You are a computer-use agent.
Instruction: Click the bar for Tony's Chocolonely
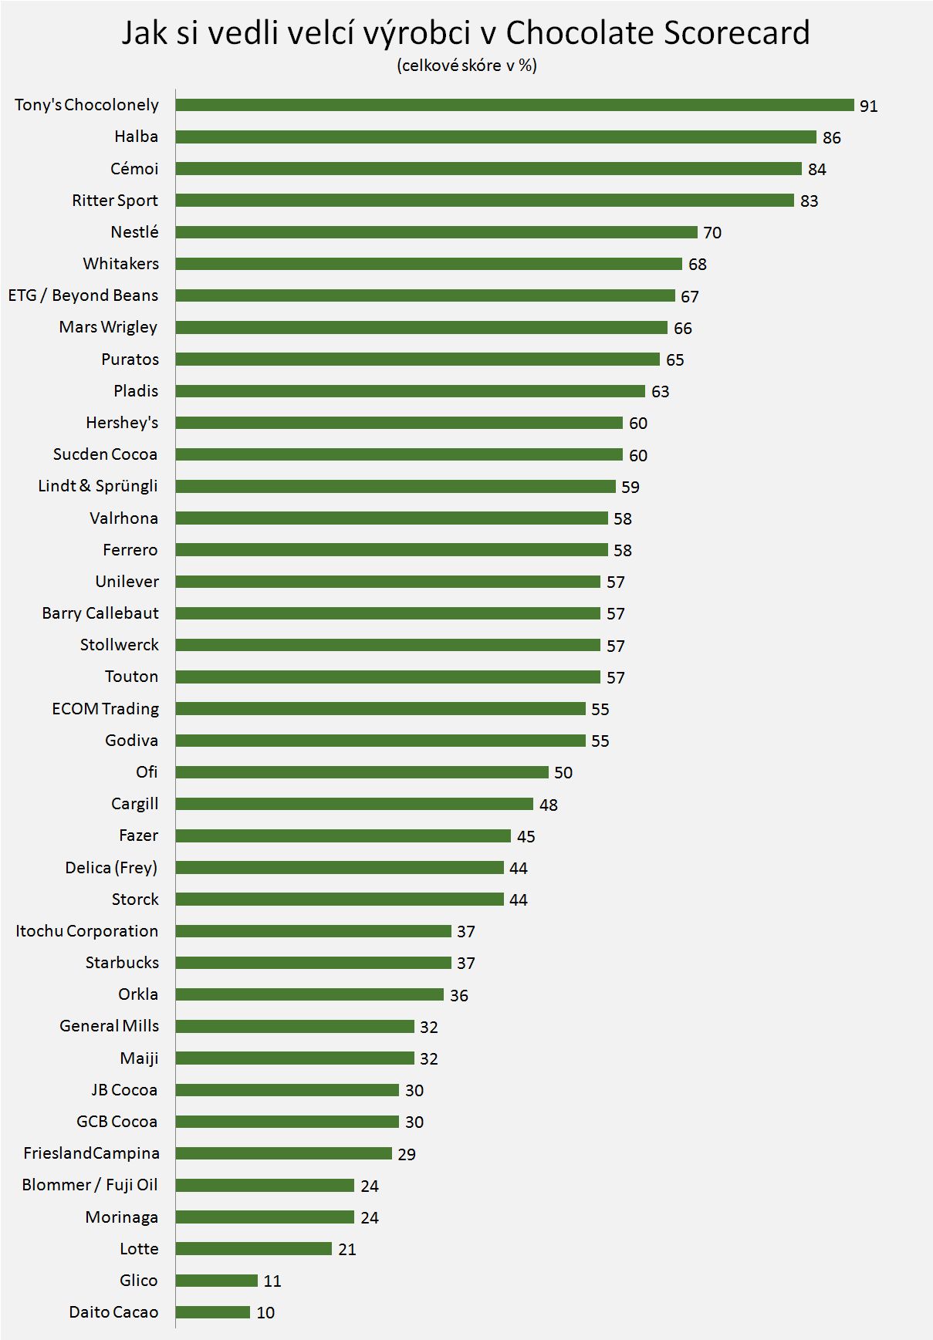(514, 105)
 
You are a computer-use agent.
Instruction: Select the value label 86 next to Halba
(831, 137)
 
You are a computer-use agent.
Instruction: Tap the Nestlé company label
(134, 232)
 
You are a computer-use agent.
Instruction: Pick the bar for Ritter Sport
(484, 201)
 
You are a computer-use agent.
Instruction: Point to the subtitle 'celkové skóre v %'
(467, 66)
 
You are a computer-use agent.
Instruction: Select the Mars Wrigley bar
(421, 327)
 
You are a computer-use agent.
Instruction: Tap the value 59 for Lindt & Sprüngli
(630, 487)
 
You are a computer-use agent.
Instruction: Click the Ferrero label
(130, 550)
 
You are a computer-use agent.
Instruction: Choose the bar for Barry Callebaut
(387, 613)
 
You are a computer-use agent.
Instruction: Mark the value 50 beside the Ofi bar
(563, 772)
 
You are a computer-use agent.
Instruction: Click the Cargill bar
(353, 804)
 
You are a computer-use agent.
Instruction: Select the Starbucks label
(122, 963)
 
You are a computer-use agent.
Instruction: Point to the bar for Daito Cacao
(212, 1312)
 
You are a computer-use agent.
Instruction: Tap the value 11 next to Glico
(272, 1281)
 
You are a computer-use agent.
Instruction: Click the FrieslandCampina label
(91, 1153)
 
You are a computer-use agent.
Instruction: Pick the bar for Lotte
(253, 1248)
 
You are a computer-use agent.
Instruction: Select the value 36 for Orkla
(458, 995)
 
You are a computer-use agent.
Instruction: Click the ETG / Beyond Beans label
(83, 295)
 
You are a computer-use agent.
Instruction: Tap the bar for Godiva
(380, 741)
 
